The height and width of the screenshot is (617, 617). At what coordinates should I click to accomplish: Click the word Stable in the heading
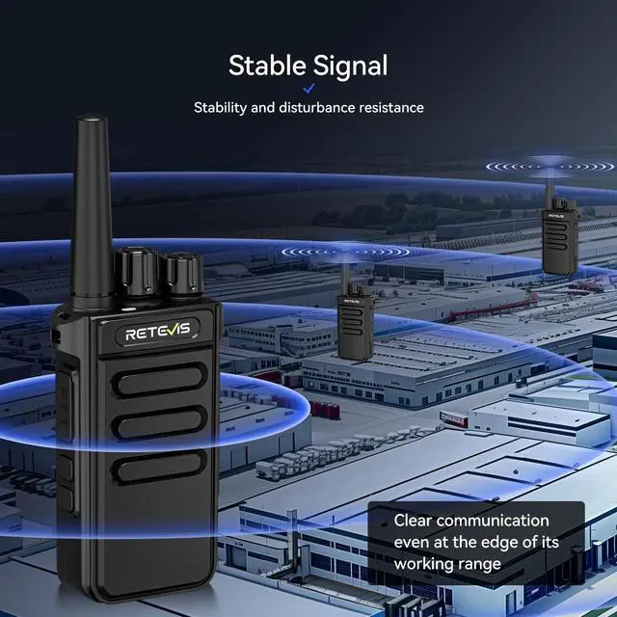tap(267, 66)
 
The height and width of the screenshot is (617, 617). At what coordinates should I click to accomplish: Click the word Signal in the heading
tap(350, 67)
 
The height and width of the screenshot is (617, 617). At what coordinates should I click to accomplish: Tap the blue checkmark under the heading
tap(308, 89)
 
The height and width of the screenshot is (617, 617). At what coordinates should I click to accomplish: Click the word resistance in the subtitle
tap(390, 108)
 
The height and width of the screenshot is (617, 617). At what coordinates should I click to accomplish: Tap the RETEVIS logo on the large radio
tap(161, 334)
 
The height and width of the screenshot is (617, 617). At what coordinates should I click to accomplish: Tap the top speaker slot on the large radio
tap(160, 383)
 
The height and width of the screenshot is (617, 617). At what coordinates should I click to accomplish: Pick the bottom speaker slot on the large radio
tap(160, 467)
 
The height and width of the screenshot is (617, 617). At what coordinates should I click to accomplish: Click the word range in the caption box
tap(478, 563)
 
